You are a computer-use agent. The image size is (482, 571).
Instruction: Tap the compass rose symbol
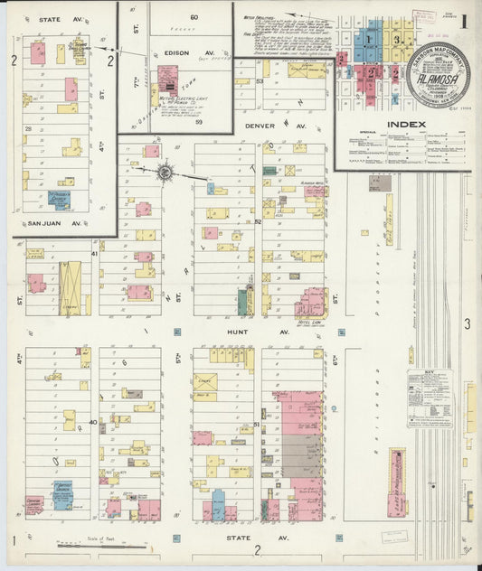[165, 171]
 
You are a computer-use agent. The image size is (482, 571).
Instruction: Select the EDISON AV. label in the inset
[177, 53]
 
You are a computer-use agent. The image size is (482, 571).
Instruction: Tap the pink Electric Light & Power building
[168, 78]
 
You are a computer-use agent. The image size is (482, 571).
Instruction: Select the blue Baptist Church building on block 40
[61, 496]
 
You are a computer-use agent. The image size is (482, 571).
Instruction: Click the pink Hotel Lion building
[310, 301]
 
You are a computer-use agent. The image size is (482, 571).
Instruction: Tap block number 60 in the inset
[194, 18]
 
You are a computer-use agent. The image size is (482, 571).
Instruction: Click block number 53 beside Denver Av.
[259, 82]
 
